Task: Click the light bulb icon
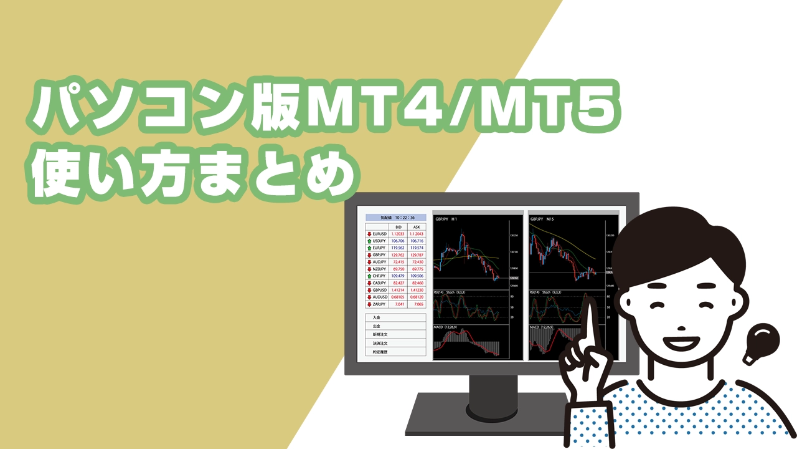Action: (x=760, y=344)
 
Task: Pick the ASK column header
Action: (x=417, y=226)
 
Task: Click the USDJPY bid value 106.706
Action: (x=398, y=241)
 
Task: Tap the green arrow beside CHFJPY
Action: (x=369, y=276)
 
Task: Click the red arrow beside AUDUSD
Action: (x=369, y=297)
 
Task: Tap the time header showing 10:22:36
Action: (x=395, y=217)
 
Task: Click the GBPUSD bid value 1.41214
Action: (x=398, y=290)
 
